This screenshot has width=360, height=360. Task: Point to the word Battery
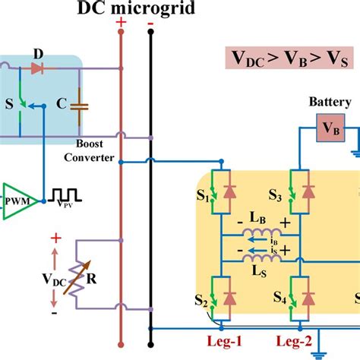click(x=330, y=103)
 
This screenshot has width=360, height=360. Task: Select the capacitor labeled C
click(x=82, y=107)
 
